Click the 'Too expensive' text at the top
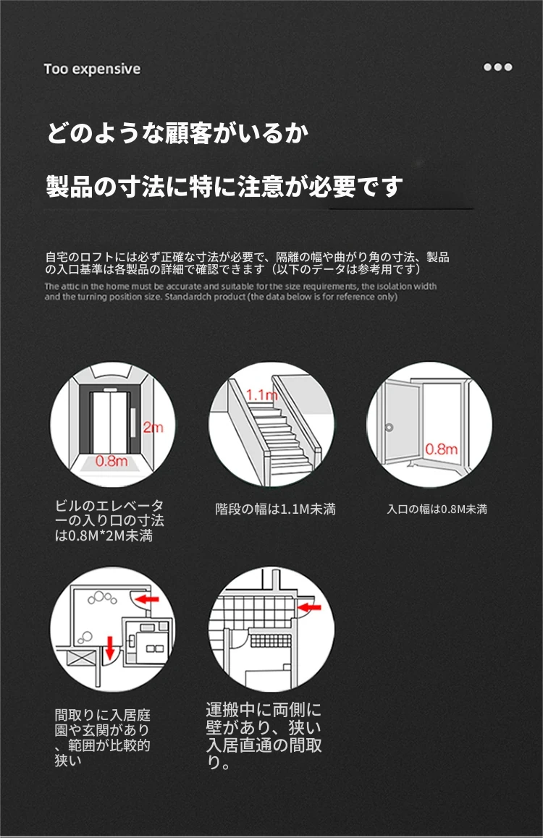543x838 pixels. click(x=92, y=69)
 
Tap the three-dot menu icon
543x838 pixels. click(x=497, y=67)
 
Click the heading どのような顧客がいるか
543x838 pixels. click(x=178, y=134)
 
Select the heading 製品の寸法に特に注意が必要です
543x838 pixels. click(x=224, y=186)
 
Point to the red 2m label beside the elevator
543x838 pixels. click(x=153, y=428)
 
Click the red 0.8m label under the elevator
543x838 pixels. click(x=111, y=461)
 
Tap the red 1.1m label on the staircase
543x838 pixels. click(x=262, y=396)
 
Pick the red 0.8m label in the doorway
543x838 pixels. click(x=442, y=449)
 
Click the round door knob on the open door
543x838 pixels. click(x=389, y=428)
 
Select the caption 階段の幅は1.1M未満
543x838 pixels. click(x=275, y=509)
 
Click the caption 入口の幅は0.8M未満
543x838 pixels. click(x=437, y=509)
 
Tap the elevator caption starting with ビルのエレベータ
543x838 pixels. click(x=109, y=520)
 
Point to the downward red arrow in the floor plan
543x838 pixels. click(x=110, y=648)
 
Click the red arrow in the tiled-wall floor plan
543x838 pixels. click(x=310, y=607)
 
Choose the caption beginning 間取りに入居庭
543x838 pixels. click(x=103, y=737)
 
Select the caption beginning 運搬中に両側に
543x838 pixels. click(x=264, y=736)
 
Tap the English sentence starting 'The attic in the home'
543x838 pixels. click(x=240, y=291)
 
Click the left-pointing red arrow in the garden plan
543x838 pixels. click(x=146, y=598)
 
